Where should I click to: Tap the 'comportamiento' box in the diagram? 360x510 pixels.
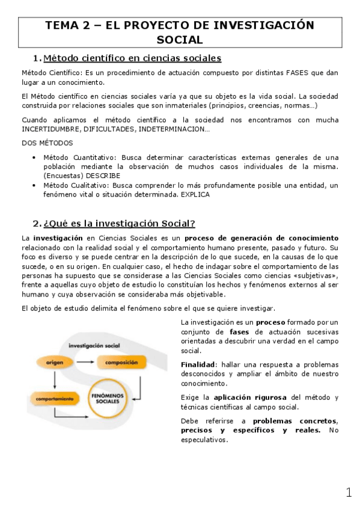click(55, 398)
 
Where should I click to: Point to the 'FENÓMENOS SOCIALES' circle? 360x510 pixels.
click(107, 399)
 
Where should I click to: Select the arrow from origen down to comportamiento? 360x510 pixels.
click(55, 379)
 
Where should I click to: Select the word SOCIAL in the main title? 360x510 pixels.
click(179, 40)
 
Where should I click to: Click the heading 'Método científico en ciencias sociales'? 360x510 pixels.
click(133, 58)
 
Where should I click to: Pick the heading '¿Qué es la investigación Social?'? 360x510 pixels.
click(120, 223)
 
